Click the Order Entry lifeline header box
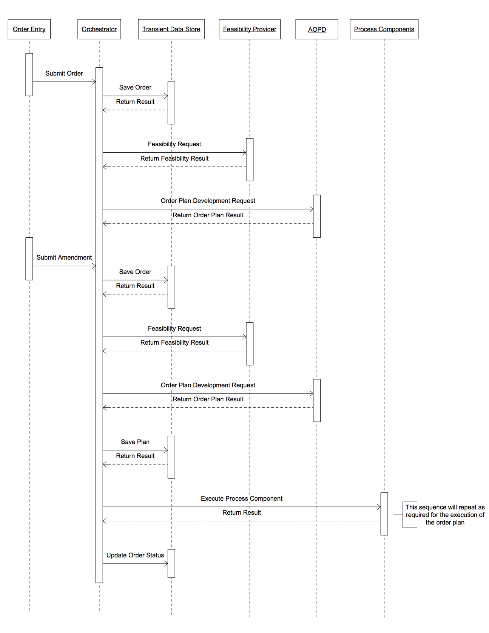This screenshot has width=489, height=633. click(29, 29)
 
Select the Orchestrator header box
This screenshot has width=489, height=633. click(99, 29)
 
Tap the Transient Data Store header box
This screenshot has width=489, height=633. click(171, 29)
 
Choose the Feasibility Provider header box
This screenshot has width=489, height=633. click(250, 29)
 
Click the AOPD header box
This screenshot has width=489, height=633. click(317, 29)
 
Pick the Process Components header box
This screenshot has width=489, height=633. click(384, 29)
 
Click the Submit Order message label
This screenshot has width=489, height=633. click(64, 73)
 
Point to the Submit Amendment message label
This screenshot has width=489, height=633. click(64, 257)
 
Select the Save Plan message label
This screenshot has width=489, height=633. click(135, 442)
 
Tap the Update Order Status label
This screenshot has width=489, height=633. click(135, 555)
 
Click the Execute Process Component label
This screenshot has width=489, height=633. click(242, 498)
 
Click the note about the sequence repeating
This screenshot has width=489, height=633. click(445, 515)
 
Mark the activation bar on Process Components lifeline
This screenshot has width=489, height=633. click(384, 514)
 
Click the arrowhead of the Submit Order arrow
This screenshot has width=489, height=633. click(94, 82)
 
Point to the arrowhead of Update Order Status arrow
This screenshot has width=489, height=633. click(166, 563)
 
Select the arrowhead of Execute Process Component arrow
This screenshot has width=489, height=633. click(379, 507)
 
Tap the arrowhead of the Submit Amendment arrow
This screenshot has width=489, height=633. click(94, 266)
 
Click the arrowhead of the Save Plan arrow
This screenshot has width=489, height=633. click(166, 450)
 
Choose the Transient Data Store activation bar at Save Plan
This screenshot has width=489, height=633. click(171, 457)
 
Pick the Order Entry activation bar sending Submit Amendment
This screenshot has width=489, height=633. click(29, 259)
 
